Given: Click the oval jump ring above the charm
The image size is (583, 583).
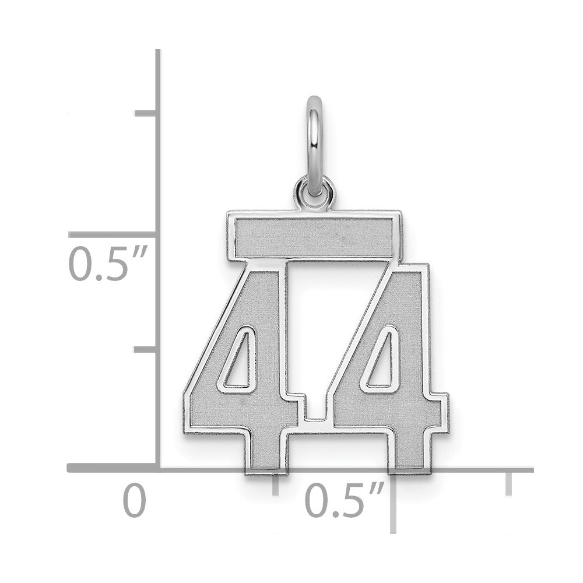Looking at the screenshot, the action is coord(308,145).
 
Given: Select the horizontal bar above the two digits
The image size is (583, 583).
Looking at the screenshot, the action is coord(314,237).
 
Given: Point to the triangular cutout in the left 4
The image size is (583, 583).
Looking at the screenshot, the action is coord(238,361).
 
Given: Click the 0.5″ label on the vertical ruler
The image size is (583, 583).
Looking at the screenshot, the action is coord(108,263).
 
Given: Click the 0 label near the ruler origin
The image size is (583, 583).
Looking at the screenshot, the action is coord(135,500).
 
